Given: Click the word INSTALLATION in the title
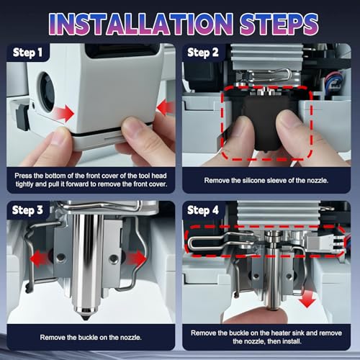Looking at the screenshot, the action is (x=140, y=24).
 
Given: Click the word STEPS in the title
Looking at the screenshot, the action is (x=279, y=24).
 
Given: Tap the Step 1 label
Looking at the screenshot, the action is (x=27, y=53).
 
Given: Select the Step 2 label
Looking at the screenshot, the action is (x=203, y=53).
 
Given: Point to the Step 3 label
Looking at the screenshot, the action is (x=27, y=210).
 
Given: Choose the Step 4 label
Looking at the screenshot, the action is (x=203, y=210).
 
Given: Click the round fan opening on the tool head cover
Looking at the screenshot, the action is (x=46, y=92).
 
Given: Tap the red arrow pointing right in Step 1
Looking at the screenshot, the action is (x=63, y=112).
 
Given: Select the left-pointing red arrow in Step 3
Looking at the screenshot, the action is (x=40, y=258).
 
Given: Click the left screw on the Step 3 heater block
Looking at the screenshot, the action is (x=60, y=258).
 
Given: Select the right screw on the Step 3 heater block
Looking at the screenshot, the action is (x=113, y=258).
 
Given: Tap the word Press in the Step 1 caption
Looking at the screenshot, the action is (x=23, y=176).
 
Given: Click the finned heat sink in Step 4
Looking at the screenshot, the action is (x=279, y=214).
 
